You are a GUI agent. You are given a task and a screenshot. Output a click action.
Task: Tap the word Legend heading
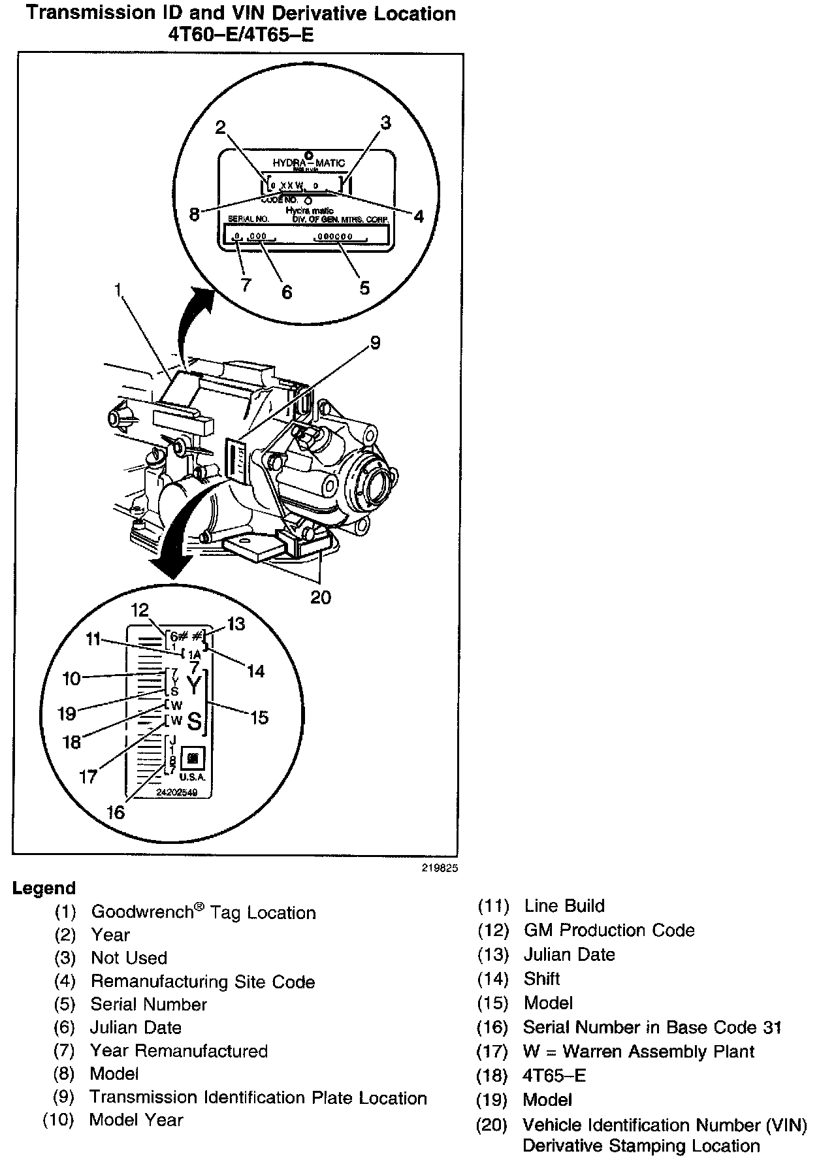[44, 888]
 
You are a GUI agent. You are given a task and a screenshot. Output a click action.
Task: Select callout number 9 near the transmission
[375, 342]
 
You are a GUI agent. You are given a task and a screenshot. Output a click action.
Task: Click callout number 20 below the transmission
[321, 597]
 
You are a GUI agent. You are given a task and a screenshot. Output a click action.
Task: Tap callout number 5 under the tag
[364, 287]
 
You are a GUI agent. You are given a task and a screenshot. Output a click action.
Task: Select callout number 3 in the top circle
[386, 122]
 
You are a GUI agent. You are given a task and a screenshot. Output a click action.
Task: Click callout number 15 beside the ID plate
[259, 717]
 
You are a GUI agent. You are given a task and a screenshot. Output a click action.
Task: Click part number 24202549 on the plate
[176, 792]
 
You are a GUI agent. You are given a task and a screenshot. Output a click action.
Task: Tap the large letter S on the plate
[195, 722]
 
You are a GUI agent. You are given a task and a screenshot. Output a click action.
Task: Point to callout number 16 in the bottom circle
[115, 813]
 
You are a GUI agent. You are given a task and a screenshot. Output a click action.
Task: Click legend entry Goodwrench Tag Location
[202, 913]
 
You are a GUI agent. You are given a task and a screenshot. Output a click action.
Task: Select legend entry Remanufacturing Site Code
[202, 982]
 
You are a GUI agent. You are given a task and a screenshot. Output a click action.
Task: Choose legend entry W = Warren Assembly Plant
[638, 1052]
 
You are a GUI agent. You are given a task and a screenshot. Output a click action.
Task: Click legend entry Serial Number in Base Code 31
[651, 1027]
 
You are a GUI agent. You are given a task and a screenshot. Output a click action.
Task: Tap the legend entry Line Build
[564, 906]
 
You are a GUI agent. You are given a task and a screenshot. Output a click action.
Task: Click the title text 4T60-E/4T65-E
[241, 34]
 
